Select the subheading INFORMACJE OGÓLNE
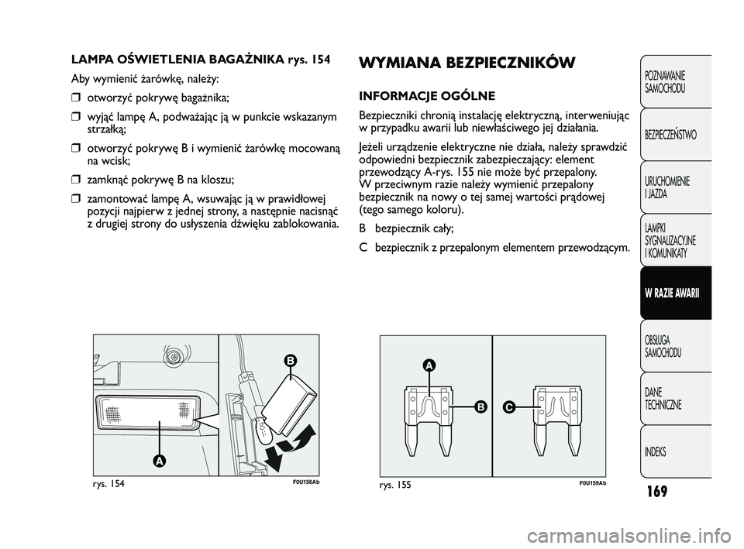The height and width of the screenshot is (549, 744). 427,96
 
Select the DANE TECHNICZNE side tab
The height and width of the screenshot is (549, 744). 663,400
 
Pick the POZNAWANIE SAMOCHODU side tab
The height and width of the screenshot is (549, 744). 665,84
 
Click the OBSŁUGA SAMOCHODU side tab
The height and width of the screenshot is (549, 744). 664,347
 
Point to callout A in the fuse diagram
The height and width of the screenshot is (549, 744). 428,365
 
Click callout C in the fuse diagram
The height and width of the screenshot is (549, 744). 509,406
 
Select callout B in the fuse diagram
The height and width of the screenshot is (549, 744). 480,406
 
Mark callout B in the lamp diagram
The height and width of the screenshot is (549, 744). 290,361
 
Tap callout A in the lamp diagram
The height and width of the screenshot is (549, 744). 158,460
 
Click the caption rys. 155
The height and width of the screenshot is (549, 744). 395,484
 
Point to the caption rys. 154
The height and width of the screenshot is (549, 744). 108,484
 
